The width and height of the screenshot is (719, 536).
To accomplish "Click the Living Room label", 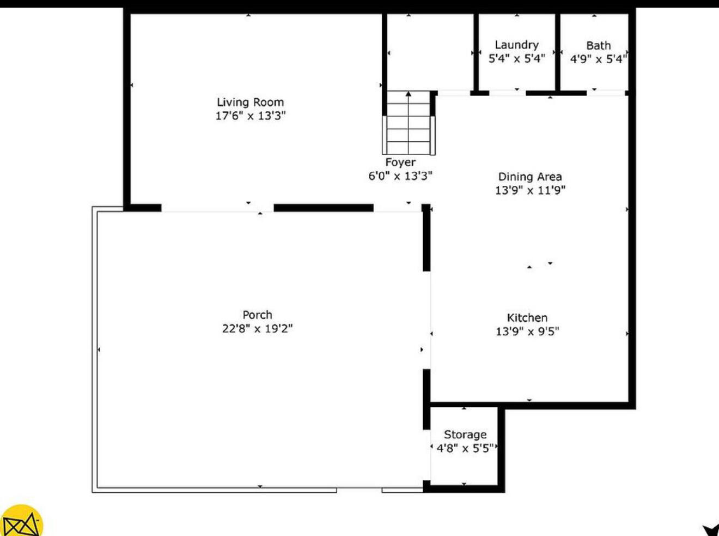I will click(250, 102).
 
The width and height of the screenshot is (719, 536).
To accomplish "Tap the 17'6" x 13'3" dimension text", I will click(250, 116).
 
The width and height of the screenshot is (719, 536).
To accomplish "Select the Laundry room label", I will click(516, 45).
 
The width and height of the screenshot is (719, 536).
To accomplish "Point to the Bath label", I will click(598, 45).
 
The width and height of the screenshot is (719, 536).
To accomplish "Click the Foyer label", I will click(400, 162).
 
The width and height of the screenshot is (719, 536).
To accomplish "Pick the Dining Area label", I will click(529, 177).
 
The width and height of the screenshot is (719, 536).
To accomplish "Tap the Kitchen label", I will click(527, 317).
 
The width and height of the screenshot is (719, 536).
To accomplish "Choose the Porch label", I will click(257, 315).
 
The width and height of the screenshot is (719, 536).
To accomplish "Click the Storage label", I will click(465, 435).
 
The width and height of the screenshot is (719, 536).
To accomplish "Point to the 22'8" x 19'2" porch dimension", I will click(257, 328).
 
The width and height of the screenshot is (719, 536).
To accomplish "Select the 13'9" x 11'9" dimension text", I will click(529, 190).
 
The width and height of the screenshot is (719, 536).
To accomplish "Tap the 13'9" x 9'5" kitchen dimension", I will click(527, 331).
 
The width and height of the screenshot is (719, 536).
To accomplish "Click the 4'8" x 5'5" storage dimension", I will click(465, 448).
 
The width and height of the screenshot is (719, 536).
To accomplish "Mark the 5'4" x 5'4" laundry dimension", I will click(516, 58).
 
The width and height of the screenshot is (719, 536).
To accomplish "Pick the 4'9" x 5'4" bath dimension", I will click(598, 59).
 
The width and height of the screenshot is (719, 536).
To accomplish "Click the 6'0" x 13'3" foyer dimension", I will click(400, 176).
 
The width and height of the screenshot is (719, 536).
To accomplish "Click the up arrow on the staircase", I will click(409, 95).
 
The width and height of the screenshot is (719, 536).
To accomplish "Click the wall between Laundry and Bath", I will click(557, 52).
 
